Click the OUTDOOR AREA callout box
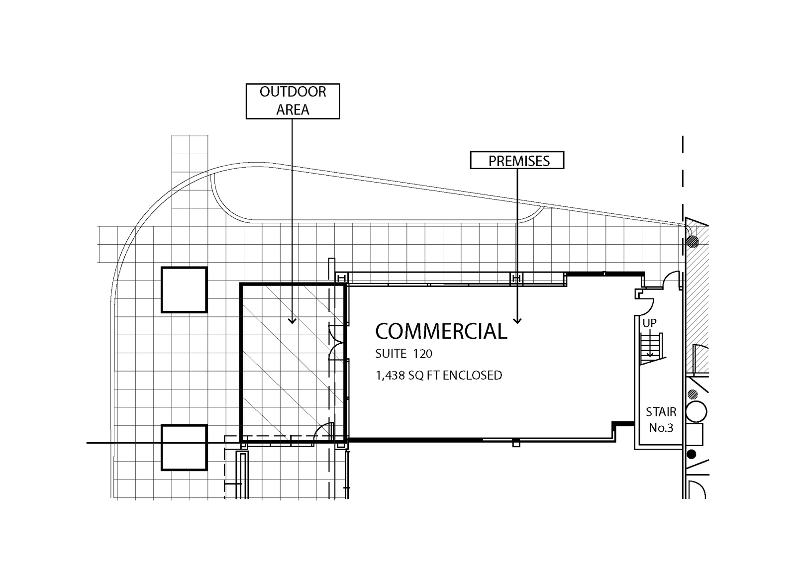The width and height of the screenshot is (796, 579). [x=293, y=101]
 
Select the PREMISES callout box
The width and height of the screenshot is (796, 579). [x=517, y=161]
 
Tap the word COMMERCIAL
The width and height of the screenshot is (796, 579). [x=441, y=331]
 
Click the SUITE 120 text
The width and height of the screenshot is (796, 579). [x=403, y=354]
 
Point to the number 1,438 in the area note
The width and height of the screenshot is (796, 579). [x=390, y=376]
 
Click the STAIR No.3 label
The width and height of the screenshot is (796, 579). [x=661, y=420]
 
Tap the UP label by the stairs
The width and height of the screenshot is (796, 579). [x=649, y=323]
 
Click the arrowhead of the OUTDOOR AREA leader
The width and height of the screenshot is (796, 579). [x=292, y=321]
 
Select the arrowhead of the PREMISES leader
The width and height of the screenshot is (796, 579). [x=517, y=320]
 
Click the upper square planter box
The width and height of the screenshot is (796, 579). [x=184, y=289]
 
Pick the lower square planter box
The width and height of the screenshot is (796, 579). [x=184, y=447]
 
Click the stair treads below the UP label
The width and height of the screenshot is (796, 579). [x=651, y=345]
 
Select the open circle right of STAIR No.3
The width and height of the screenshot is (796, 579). [x=696, y=412]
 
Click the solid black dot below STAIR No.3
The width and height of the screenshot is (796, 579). [x=691, y=454]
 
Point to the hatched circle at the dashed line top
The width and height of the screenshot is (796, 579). [x=692, y=242]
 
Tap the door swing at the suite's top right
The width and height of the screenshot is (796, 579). [x=671, y=279]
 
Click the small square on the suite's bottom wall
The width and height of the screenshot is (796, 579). [x=516, y=443]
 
